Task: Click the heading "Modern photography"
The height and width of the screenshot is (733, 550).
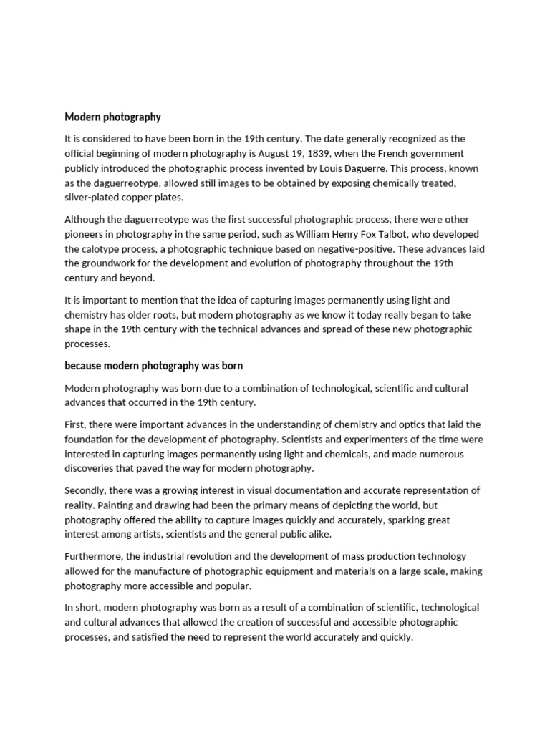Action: (x=112, y=117)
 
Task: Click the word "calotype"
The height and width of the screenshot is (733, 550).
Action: (x=101, y=248)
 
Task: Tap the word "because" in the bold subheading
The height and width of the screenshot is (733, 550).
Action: (x=84, y=366)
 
